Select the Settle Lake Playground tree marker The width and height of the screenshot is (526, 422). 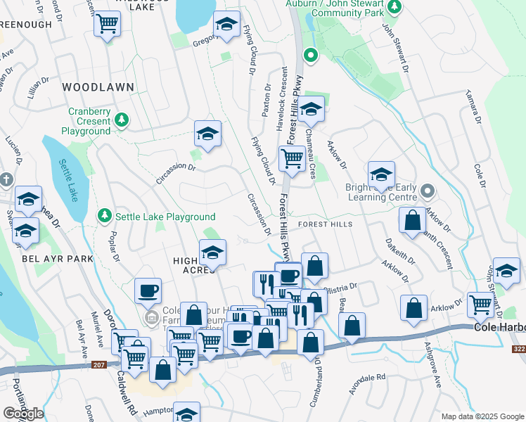tap(105, 214)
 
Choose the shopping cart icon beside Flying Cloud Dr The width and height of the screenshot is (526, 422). tap(292, 158)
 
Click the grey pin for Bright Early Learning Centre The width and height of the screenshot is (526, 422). tap(428, 191)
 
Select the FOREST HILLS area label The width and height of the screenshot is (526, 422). tap(325, 224)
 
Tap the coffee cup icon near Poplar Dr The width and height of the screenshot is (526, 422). tap(148, 290)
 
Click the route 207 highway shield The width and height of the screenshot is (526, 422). tap(98, 364)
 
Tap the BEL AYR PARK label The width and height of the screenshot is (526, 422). tap(48, 259)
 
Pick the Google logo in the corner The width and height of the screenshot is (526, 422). tap(23, 414)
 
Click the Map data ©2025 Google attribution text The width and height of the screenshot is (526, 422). tap(482, 416)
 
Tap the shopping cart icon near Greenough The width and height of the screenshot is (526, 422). tap(107, 25)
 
